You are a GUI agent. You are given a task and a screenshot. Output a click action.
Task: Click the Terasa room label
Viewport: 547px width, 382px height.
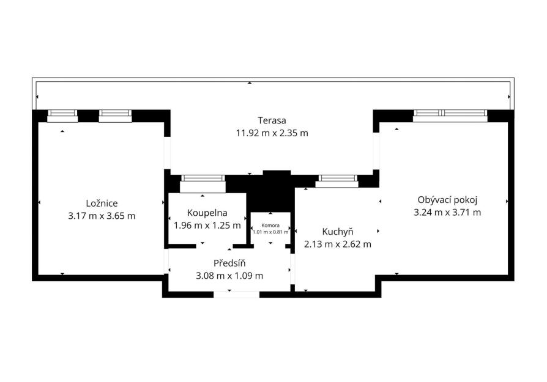click(x=272, y=120)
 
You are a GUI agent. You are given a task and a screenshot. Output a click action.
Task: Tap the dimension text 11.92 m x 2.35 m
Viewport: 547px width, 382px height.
click(x=272, y=133)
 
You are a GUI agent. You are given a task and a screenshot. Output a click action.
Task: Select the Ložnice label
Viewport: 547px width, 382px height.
click(x=102, y=203)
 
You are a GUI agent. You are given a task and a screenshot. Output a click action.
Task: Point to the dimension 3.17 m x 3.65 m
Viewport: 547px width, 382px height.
click(x=102, y=216)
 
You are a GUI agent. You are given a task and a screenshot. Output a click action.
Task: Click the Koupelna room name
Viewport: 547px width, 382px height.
click(x=207, y=213)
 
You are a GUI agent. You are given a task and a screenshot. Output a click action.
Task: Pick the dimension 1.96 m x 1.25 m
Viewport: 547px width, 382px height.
click(x=207, y=226)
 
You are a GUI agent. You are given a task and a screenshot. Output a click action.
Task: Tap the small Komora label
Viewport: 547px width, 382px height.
click(x=270, y=226)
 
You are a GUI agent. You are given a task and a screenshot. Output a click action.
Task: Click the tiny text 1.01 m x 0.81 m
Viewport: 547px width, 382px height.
click(x=270, y=232)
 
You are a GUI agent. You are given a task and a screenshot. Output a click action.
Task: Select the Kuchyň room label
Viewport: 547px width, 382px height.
click(x=338, y=232)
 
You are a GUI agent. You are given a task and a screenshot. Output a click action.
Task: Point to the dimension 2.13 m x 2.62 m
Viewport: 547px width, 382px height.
click(x=338, y=244)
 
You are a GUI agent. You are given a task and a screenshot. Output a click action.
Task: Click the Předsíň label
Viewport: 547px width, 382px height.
click(x=229, y=263)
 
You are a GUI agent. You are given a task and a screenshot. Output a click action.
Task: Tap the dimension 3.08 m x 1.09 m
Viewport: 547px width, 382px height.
click(x=229, y=276)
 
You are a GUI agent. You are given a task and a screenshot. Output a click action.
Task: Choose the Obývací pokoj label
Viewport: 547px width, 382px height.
click(x=448, y=200)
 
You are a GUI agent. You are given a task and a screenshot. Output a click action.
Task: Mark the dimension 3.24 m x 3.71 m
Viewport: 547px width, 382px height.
click(x=447, y=213)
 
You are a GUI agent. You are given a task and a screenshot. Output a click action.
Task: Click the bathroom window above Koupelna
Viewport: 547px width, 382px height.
click(x=203, y=184)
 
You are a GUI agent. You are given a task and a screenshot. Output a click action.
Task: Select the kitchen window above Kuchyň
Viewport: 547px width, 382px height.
click(x=337, y=182)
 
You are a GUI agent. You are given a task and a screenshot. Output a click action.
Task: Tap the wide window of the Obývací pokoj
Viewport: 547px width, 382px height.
click(x=450, y=116)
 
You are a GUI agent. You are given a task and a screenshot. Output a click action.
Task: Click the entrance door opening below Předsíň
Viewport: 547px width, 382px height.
click(x=237, y=295)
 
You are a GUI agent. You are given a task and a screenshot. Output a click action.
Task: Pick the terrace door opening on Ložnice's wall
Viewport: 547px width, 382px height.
click(x=167, y=153)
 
